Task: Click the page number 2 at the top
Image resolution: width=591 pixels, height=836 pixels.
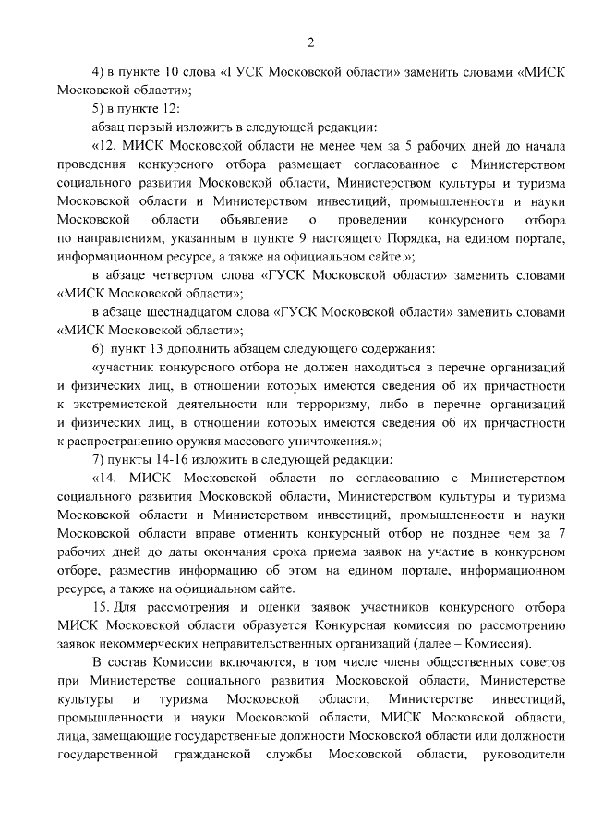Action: click(311, 42)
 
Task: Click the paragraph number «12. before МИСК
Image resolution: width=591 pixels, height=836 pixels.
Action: click(105, 146)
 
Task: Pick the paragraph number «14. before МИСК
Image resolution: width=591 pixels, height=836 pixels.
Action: click(105, 478)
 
